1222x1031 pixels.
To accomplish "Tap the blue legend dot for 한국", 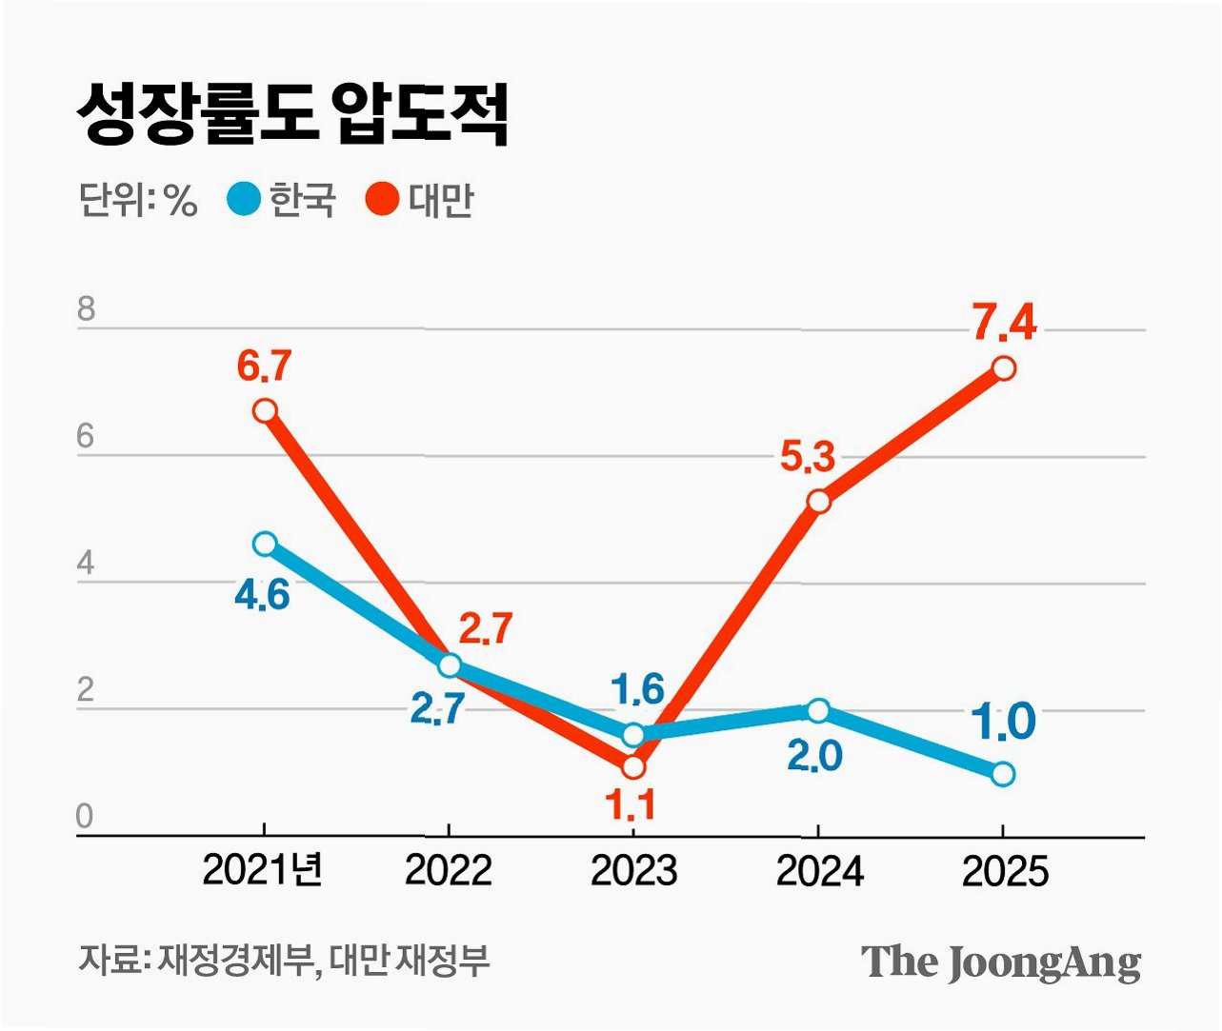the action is click(x=244, y=199).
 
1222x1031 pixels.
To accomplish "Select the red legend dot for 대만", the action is click(x=382, y=199).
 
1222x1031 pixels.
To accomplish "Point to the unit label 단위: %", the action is click(x=137, y=200).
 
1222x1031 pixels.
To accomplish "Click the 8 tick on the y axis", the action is click(x=86, y=308).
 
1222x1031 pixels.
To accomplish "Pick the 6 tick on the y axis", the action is click(x=86, y=437).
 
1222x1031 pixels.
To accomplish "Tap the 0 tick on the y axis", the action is click(x=85, y=816).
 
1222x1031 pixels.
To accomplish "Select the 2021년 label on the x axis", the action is click(x=262, y=870).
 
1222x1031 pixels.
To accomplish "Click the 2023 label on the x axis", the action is click(x=633, y=871).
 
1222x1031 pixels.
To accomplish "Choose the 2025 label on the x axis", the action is click(x=1005, y=871).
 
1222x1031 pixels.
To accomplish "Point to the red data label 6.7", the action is click(x=264, y=367).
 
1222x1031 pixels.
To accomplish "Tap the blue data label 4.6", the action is click(x=262, y=596).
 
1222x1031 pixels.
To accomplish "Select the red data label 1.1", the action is click(x=630, y=804).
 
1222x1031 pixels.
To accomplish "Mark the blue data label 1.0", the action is click(x=1004, y=721).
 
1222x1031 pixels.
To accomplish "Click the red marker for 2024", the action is click(x=819, y=502).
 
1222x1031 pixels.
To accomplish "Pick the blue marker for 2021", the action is click(x=265, y=545).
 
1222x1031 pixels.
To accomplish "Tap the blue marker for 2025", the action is click(x=1003, y=774).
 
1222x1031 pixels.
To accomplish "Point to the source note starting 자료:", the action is click(x=283, y=961).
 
